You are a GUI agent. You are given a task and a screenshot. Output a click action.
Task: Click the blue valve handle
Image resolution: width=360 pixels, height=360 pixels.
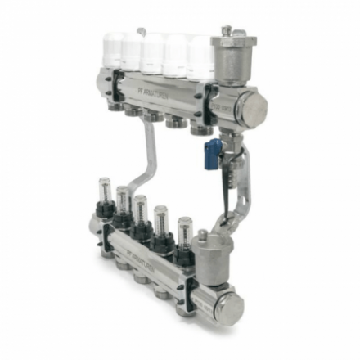[213, 152]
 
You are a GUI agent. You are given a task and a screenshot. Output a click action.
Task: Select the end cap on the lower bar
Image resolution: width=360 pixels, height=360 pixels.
[232, 308]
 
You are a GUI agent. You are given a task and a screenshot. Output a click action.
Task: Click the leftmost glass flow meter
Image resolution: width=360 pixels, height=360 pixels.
[104, 191]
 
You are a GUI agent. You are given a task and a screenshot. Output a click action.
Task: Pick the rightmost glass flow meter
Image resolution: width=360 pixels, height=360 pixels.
[184, 232]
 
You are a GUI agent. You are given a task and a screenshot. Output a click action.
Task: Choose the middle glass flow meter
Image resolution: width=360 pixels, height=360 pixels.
[141, 209]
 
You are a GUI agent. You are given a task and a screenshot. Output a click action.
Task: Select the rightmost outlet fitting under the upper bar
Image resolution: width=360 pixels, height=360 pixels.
[199, 129]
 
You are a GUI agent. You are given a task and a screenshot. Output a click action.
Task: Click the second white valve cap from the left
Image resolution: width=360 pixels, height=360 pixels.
[131, 49]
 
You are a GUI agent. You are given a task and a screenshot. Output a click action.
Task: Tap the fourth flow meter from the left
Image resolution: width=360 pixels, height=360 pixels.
[161, 219]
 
